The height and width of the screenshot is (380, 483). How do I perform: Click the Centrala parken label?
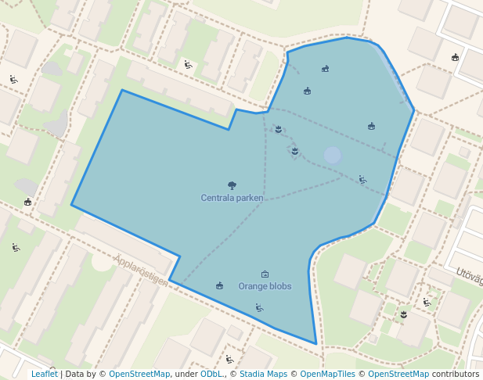[x=232, y=198]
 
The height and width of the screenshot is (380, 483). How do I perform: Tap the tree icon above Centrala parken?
[x=232, y=185]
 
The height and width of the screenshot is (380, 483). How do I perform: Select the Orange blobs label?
[x=265, y=286]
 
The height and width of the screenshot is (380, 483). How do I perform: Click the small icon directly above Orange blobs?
[x=265, y=274]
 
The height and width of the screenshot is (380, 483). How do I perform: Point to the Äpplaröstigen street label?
[x=141, y=269]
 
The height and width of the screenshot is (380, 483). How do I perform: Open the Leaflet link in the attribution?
[x=44, y=374]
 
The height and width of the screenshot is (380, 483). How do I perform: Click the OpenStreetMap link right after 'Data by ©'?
[x=139, y=374]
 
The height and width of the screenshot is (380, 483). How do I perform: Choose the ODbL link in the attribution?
[x=211, y=374]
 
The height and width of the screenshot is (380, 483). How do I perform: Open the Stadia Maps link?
[x=262, y=374]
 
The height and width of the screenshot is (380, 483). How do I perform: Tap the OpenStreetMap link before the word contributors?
[x=398, y=374]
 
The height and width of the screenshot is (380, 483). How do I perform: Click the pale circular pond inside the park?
[x=333, y=155]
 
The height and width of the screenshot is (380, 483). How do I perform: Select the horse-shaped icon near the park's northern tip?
[x=325, y=69]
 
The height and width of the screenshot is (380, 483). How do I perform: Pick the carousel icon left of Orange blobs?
[x=219, y=286]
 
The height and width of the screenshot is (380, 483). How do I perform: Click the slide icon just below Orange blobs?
[x=259, y=308]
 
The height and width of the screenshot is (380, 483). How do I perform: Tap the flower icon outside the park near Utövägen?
[x=404, y=314]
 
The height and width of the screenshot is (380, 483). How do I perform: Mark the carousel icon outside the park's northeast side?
[x=455, y=57]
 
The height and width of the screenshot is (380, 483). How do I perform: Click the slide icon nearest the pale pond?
[x=362, y=180]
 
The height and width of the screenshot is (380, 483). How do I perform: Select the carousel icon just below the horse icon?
[x=307, y=91]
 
